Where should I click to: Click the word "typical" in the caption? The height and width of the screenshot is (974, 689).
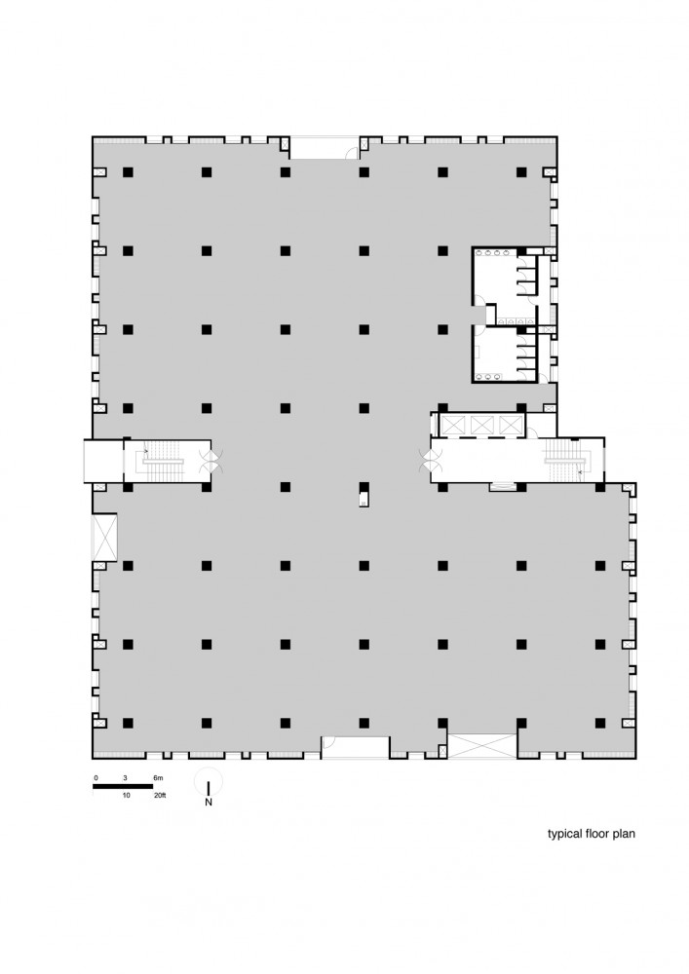pyautogui.click(x=564, y=834)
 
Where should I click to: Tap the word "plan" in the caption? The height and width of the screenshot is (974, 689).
pyautogui.click(x=624, y=834)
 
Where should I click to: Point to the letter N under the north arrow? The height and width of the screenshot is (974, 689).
pyautogui.click(x=209, y=802)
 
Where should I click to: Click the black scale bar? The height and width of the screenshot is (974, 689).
pyautogui.click(x=123, y=786)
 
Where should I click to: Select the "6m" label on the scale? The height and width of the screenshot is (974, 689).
pyautogui.click(x=158, y=777)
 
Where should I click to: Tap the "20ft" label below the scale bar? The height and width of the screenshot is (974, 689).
pyautogui.click(x=160, y=795)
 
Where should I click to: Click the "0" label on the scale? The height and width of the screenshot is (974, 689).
pyautogui.click(x=96, y=777)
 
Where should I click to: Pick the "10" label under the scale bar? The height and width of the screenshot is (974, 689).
pyautogui.click(x=126, y=795)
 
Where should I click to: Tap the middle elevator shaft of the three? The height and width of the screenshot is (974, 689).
pyautogui.click(x=481, y=426)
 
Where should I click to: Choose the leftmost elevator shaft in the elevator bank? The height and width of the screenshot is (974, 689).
pyautogui.click(x=452, y=426)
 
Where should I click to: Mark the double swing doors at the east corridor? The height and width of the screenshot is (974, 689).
pyautogui.click(x=431, y=461)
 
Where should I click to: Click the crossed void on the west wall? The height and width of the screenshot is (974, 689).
pyautogui.click(x=104, y=538)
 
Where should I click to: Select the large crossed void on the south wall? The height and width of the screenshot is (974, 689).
pyautogui.click(x=482, y=746)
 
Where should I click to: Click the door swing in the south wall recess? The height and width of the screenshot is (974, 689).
pyautogui.click(x=330, y=741)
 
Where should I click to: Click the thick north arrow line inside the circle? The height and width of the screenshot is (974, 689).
pyautogui.click(x=209, y=788)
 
